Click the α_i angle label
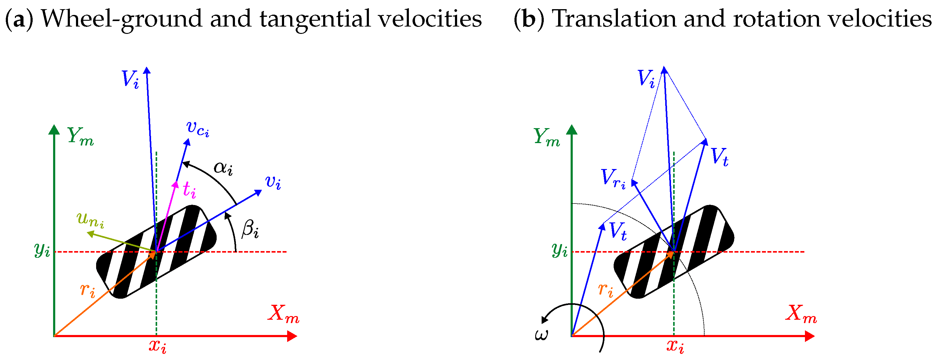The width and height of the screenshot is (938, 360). (x=223, y=168)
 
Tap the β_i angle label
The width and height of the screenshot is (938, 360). (x=250, y=230)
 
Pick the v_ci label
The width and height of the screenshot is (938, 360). (x=198, y=128)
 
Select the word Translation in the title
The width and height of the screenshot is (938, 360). (x=614, y=18)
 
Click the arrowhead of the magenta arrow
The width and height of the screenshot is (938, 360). (x=176, y=184)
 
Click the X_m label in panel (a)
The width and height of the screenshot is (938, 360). (x=283, y=313)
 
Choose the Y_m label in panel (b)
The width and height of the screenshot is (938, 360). (x=547, y=137)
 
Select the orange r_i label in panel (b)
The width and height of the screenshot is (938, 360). (x=605, y=290)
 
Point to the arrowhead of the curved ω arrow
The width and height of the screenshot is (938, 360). (x=544, y=320)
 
